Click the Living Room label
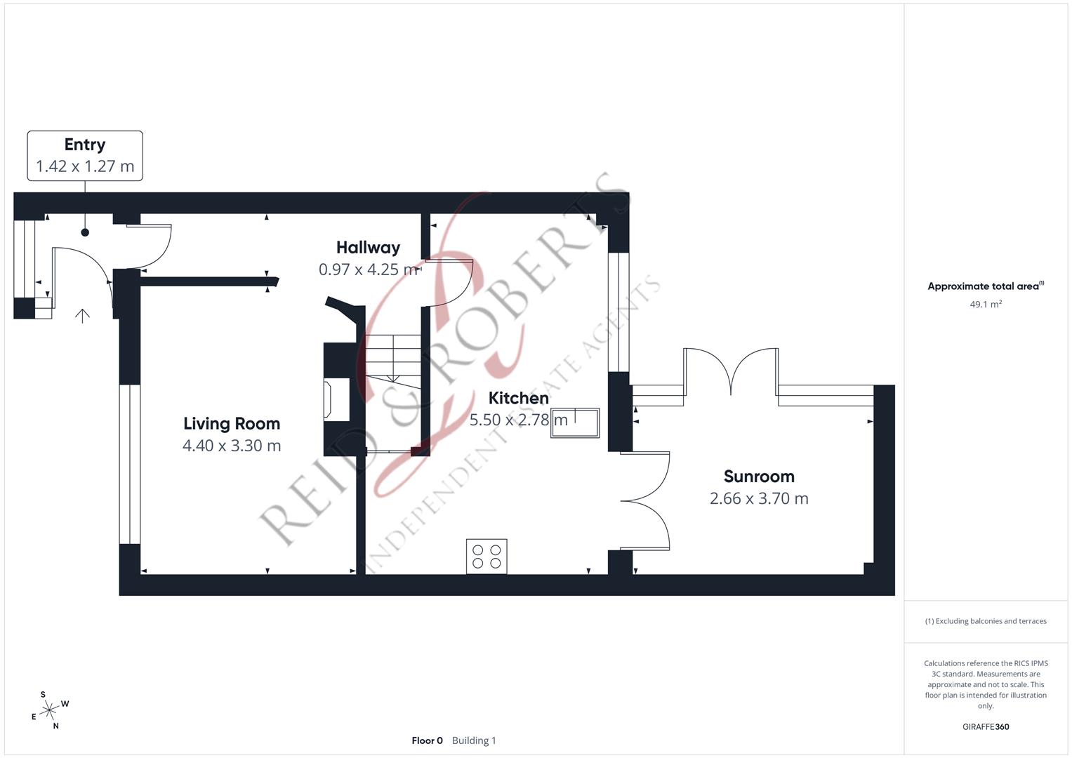tap(232, 424)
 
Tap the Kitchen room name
tap(518, 398)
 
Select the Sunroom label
tap(759, 477)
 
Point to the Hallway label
tap(368, 248)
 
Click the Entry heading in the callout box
tap(85, 145)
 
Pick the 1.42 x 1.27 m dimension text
tap(85, 166)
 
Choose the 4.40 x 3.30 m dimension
tap(232, 446)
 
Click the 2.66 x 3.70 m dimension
tap(759, 498)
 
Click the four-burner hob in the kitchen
tap(487, 557)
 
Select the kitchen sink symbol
tap(575, 423)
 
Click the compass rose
tap(50, 710)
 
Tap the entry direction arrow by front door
tap(82, 316)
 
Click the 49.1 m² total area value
tap(986, 305)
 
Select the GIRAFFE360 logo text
tap(986, 726)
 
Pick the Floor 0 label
tap(427, 740)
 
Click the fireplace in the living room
tap(337, 399)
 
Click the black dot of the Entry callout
tap(85, 232)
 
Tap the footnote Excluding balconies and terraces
tap(986, 621)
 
